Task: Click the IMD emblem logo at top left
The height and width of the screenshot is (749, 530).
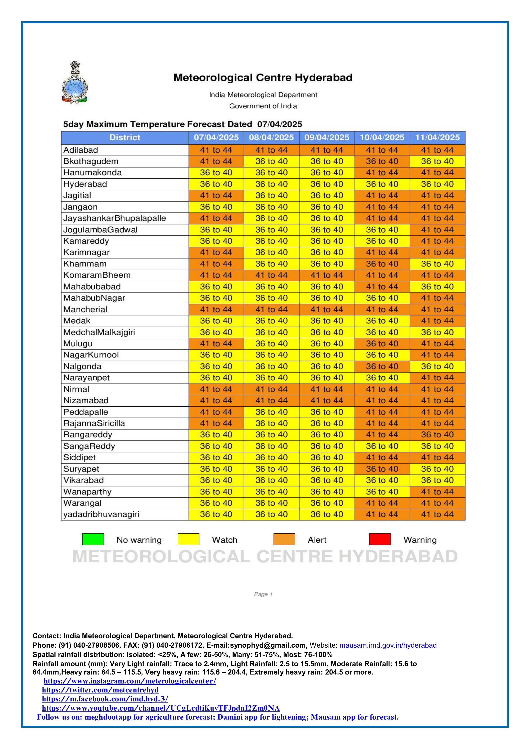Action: (75, 83)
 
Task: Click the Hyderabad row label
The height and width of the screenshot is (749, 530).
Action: (85, 184)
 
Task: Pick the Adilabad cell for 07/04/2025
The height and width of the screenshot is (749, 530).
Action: (216, 150)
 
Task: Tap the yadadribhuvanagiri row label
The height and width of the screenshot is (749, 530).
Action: (101, 514)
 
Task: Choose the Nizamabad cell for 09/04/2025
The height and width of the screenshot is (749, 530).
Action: (327, 401)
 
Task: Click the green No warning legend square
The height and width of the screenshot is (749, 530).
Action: (93, 540)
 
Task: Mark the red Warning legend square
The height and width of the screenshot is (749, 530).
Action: (380, 540)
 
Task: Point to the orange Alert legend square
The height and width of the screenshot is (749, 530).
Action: (284, 540)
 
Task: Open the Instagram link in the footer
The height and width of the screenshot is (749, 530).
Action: (130, 681)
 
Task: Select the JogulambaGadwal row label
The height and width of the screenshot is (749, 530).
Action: (100, 230)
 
